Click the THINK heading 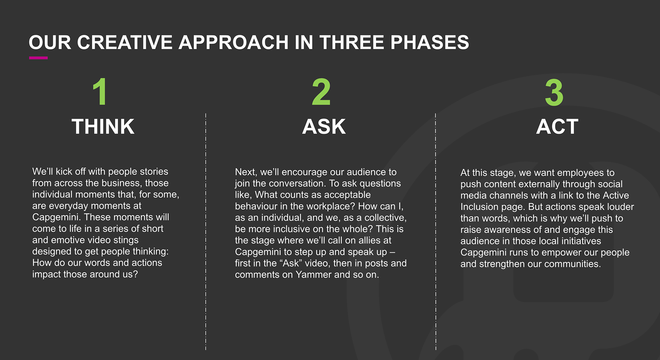click(x=103, y=127)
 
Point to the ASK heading click(x=324, y=127)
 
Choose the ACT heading click(x=557, y=127)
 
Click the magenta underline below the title click(x=38, y=58)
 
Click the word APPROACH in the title click(x=233, y=42)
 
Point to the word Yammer click(x=313, y=275)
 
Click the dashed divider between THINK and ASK click(x=206, y=231)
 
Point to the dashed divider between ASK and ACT click(x=436, y=231)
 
